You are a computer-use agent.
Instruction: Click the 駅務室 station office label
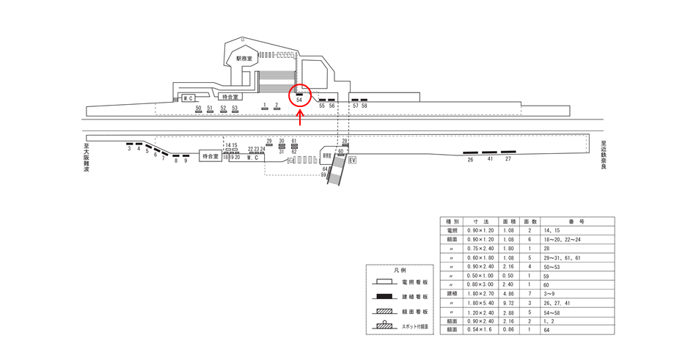pos(243,57)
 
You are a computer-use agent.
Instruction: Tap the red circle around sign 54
pos(300,95)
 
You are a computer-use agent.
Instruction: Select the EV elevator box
pos(352,161)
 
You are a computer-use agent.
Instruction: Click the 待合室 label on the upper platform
pos(230,97)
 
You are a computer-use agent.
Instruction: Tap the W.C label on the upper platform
pos(188,98)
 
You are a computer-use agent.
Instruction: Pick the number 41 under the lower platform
pos(490,159)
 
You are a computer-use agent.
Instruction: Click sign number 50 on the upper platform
pos(198,108)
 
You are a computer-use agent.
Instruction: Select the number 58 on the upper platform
pos(365,106)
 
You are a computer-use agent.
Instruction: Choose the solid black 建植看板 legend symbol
pos(384,297)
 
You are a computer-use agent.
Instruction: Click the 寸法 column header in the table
pos(480,221)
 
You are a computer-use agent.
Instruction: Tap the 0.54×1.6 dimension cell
pos(480,331)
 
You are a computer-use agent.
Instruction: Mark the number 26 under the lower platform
pos(471,159)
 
